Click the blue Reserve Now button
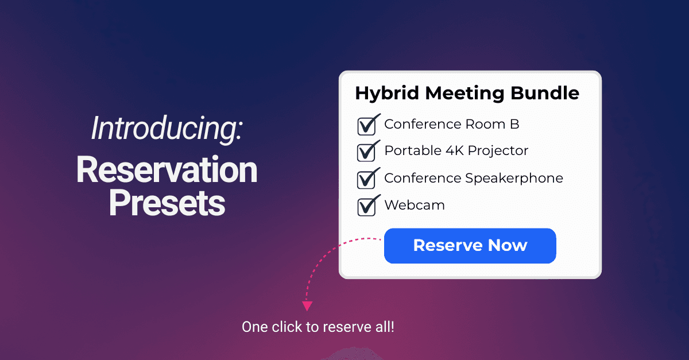pyautogui.click(x=470, y=246)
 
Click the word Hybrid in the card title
pyautogui.click(x=382, y=94)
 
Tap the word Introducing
pyautogui.click(x=167, y=128)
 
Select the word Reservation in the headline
pyautogui.click(x=167, y=170)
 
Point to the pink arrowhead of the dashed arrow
pyautogui.click(x=307, y=306)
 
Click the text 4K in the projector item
pyautogui.click(x=452, y=151)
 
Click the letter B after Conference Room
pyautogui.click(x=514, y=124)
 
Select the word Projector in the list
pyautogui.click(x=498, y=151)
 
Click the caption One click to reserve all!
pyautogui.click(x=318, y=327)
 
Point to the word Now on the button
pyautogui.click(x=508, y=246)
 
